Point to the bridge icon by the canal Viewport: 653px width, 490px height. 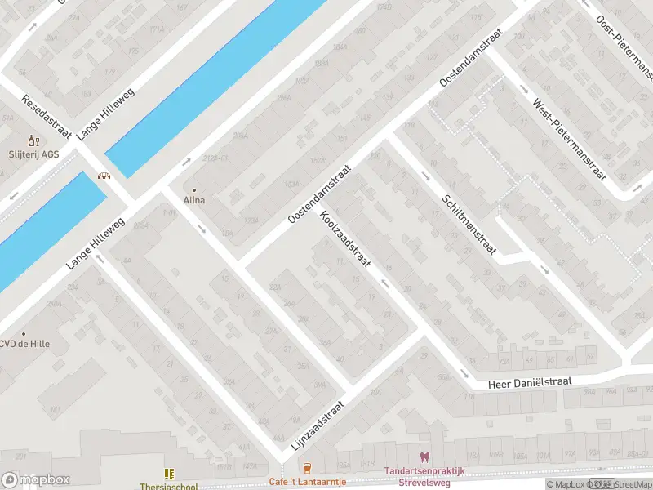104,176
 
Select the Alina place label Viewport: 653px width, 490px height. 194,200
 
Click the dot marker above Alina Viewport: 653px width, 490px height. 194,189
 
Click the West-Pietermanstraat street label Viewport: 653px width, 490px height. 571,140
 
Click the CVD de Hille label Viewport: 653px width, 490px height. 25,344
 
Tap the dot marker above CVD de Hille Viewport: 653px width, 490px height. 24,333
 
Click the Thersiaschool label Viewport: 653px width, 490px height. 168,486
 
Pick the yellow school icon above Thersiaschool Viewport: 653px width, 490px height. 169,473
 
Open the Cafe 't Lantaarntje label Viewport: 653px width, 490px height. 308,482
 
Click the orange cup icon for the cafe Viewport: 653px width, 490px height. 307,468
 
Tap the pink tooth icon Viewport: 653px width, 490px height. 424,458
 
